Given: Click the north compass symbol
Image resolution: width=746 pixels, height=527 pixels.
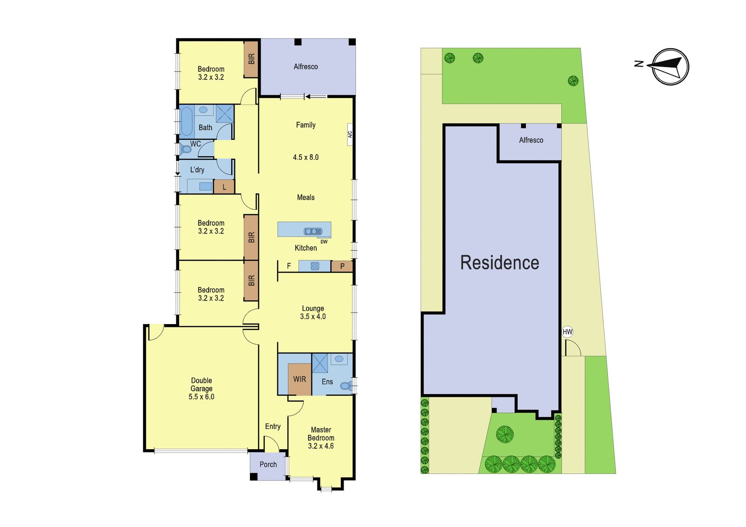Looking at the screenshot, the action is [x=670, y=67].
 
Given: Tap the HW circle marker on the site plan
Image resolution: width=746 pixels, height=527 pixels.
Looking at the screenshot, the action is [x=567, y=332].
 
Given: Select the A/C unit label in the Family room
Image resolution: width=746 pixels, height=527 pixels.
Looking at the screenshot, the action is [x=350, y=134].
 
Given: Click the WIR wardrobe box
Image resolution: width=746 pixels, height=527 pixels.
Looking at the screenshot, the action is [x=300, y=379].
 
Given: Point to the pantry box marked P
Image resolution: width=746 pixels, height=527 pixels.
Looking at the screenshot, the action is [x=342, y=266].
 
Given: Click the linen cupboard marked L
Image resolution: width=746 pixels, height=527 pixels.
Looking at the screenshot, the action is [x=224, y=187].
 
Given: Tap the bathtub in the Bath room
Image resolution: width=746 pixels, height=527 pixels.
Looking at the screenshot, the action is [x=186, y=122].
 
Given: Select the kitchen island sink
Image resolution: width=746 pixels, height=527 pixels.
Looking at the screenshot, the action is [x=313, y=231].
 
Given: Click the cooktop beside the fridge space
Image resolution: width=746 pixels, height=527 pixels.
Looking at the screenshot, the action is [x=315, y=266].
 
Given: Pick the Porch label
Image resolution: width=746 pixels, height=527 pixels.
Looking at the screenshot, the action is [x=268, y=465].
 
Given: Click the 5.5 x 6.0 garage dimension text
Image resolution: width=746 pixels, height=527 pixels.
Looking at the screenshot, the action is [x=201, y=397].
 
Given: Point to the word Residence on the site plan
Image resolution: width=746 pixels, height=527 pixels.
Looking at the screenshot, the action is [x=499, y=263].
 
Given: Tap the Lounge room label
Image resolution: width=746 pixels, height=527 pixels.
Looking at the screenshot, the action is [x=313, y=308].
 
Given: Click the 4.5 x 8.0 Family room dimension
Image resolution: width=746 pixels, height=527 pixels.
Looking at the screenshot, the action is [x=306, y=157].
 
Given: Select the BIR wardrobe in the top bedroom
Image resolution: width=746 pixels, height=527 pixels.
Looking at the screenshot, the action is [x=251, y=59].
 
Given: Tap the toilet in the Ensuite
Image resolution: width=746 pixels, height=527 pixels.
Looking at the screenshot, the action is [x=346, y=386].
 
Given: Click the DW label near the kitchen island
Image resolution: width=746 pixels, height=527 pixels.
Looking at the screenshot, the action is [x=324, y=242].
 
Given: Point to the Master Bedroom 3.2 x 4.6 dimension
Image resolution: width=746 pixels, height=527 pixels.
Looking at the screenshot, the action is [x=321, y=446].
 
